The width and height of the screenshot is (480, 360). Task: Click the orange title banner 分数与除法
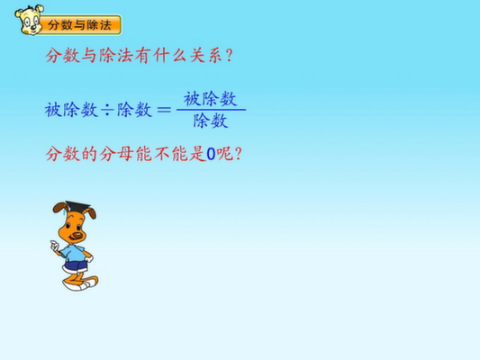point(80,25)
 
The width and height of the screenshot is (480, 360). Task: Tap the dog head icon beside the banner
point(29,20)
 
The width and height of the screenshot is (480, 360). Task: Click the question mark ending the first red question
point(229,56)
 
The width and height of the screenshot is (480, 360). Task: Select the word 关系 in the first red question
point(206,56)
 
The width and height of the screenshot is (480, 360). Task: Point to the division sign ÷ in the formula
point(107,110)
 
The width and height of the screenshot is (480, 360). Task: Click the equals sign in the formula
point(164,110)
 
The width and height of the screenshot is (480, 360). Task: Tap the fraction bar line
point(212,110)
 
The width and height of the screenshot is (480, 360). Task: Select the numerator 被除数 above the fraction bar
point(211,99)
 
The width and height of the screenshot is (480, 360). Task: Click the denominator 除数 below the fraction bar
point(211,121)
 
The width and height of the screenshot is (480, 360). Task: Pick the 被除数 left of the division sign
point(71,110)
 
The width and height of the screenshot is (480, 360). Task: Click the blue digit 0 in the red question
point(212,154)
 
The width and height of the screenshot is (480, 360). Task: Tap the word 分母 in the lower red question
point(117,154)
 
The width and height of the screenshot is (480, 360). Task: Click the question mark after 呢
point(238,154)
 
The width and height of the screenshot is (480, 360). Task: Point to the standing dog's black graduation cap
point(77,206)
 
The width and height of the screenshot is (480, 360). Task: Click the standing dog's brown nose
point(77,235)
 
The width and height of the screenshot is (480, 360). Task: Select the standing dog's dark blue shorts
point(76,266)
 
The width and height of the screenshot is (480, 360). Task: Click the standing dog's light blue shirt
point(73,253)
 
